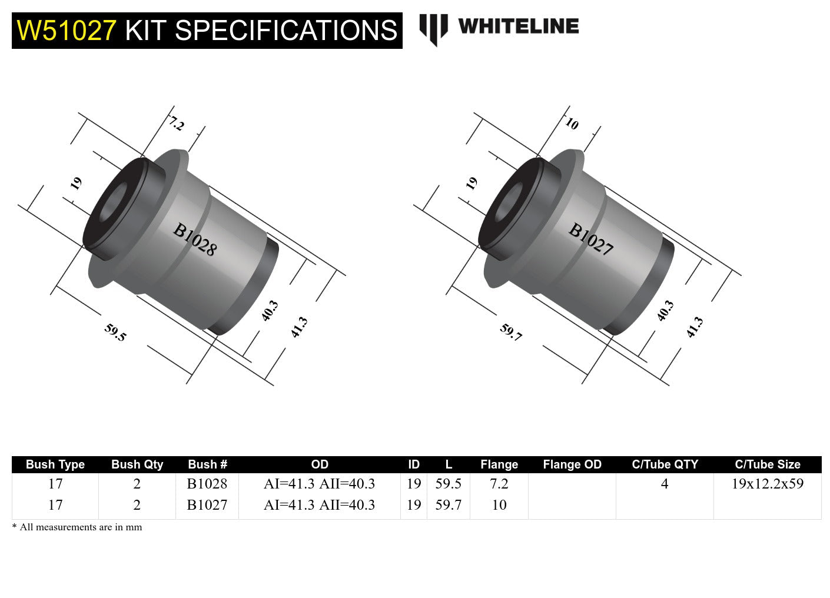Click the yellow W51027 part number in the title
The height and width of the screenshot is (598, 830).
tap(67, 31)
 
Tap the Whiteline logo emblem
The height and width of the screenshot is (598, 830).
tap(433, 29)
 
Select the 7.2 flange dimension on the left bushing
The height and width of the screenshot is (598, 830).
tap(176, 123)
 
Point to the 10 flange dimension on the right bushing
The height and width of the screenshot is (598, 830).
tap(572, 124)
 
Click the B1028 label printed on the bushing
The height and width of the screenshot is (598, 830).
tap(195, 240)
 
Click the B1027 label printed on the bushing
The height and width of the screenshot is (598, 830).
tap(590, 240)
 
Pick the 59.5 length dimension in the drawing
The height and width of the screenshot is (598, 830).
tap(115, 332)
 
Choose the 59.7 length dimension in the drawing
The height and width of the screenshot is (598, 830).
tap(511, 332)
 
